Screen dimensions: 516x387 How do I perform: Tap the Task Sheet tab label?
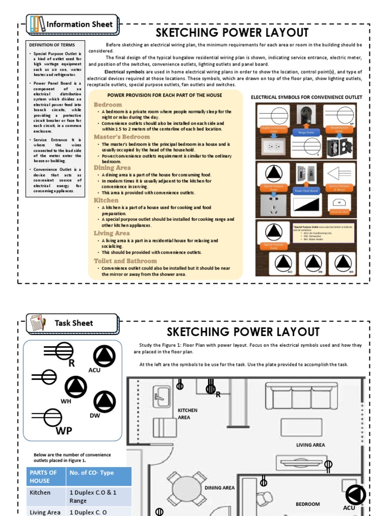pos(74,323)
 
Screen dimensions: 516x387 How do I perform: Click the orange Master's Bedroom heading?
pos(121,137)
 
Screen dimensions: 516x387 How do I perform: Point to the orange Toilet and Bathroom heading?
pos(125,261)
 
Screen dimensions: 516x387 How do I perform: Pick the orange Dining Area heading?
pos(112,168)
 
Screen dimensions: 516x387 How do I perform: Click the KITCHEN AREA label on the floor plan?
pos(187,414)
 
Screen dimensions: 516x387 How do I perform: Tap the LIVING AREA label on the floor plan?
pos(310,445)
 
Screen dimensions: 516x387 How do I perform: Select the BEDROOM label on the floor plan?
pos(307,504)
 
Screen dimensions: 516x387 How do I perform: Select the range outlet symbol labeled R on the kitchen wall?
pos(211,389)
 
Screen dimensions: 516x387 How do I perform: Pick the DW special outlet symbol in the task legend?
pos(104,401)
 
